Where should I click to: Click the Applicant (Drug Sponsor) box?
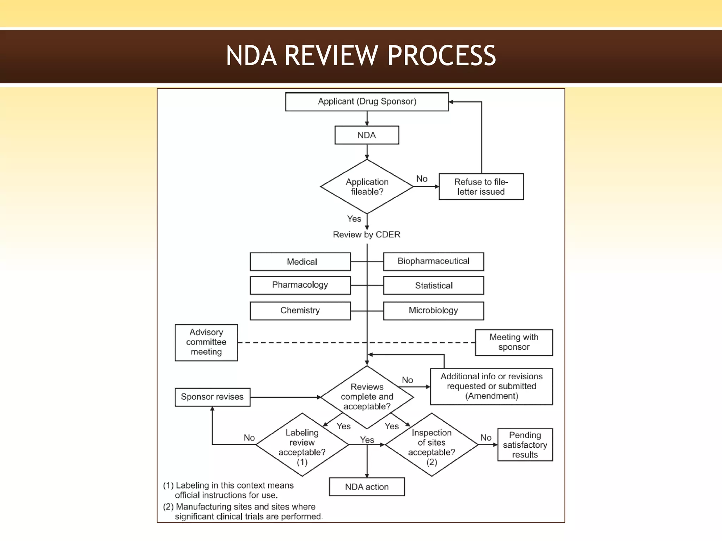(x=367, y=102)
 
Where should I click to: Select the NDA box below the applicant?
(x=367, y=135)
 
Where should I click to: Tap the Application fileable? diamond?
(x=367, y=187)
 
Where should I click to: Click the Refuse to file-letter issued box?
(x=481, y=187)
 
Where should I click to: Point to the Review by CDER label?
(x=367, y=235)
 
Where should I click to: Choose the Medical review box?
(x=300, y=262)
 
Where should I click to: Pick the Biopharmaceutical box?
(x=433, y=261)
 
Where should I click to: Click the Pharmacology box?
(x=300, y=285)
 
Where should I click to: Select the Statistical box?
(x=433, y=285)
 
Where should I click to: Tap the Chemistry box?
(x=300, y=311)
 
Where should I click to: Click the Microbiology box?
(x=433, y=311)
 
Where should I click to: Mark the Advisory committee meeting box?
(x=206, y=342)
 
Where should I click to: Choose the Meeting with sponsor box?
(x=514, y=342)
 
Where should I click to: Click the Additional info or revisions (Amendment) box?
(x=491, y=386)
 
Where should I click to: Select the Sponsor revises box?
(x=212, y=397)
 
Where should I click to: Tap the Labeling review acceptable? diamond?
(x=302, y=444)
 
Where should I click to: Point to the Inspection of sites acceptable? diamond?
(x=432, y=444)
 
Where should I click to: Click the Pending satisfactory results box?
(x=525, y=444)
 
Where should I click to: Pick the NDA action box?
(x=367, y=487)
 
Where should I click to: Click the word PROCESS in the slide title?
(x=441, y=56)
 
